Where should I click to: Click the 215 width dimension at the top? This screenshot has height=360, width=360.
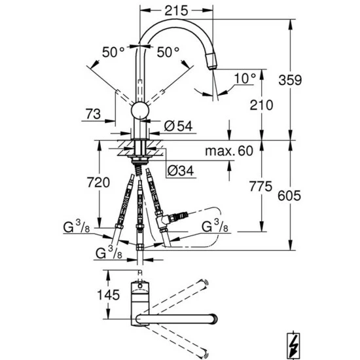[176, 10]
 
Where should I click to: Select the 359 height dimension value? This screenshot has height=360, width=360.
[290, 80]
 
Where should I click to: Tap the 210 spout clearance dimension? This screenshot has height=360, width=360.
[261, 105]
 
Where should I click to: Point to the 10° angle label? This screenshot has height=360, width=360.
[245, 79]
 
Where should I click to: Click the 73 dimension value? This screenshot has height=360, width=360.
[93, 114]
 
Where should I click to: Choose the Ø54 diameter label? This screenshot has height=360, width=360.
[179, 126]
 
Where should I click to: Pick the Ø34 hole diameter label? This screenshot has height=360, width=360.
[181, 171]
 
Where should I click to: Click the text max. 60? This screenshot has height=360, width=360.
[229, 151]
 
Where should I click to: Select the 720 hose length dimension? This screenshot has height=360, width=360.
[98, 183]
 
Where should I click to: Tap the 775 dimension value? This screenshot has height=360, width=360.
[261, 186]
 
